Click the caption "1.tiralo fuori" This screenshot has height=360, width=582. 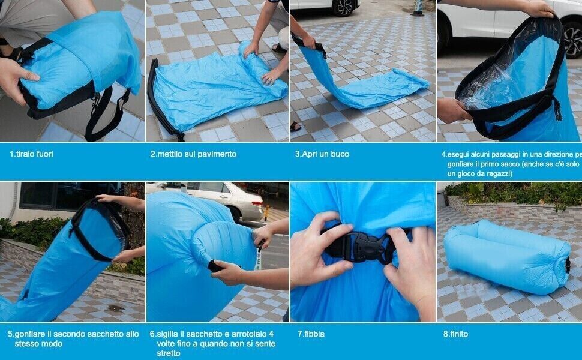click(31, 154)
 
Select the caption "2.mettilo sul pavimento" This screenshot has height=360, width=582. click(193, 154)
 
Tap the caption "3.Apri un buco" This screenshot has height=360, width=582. click(322, 154)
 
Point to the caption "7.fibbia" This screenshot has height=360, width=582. click(311, 334)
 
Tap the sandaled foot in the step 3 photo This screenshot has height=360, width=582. click(295, 127)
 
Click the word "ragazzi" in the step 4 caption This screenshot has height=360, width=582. click(496, 173)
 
